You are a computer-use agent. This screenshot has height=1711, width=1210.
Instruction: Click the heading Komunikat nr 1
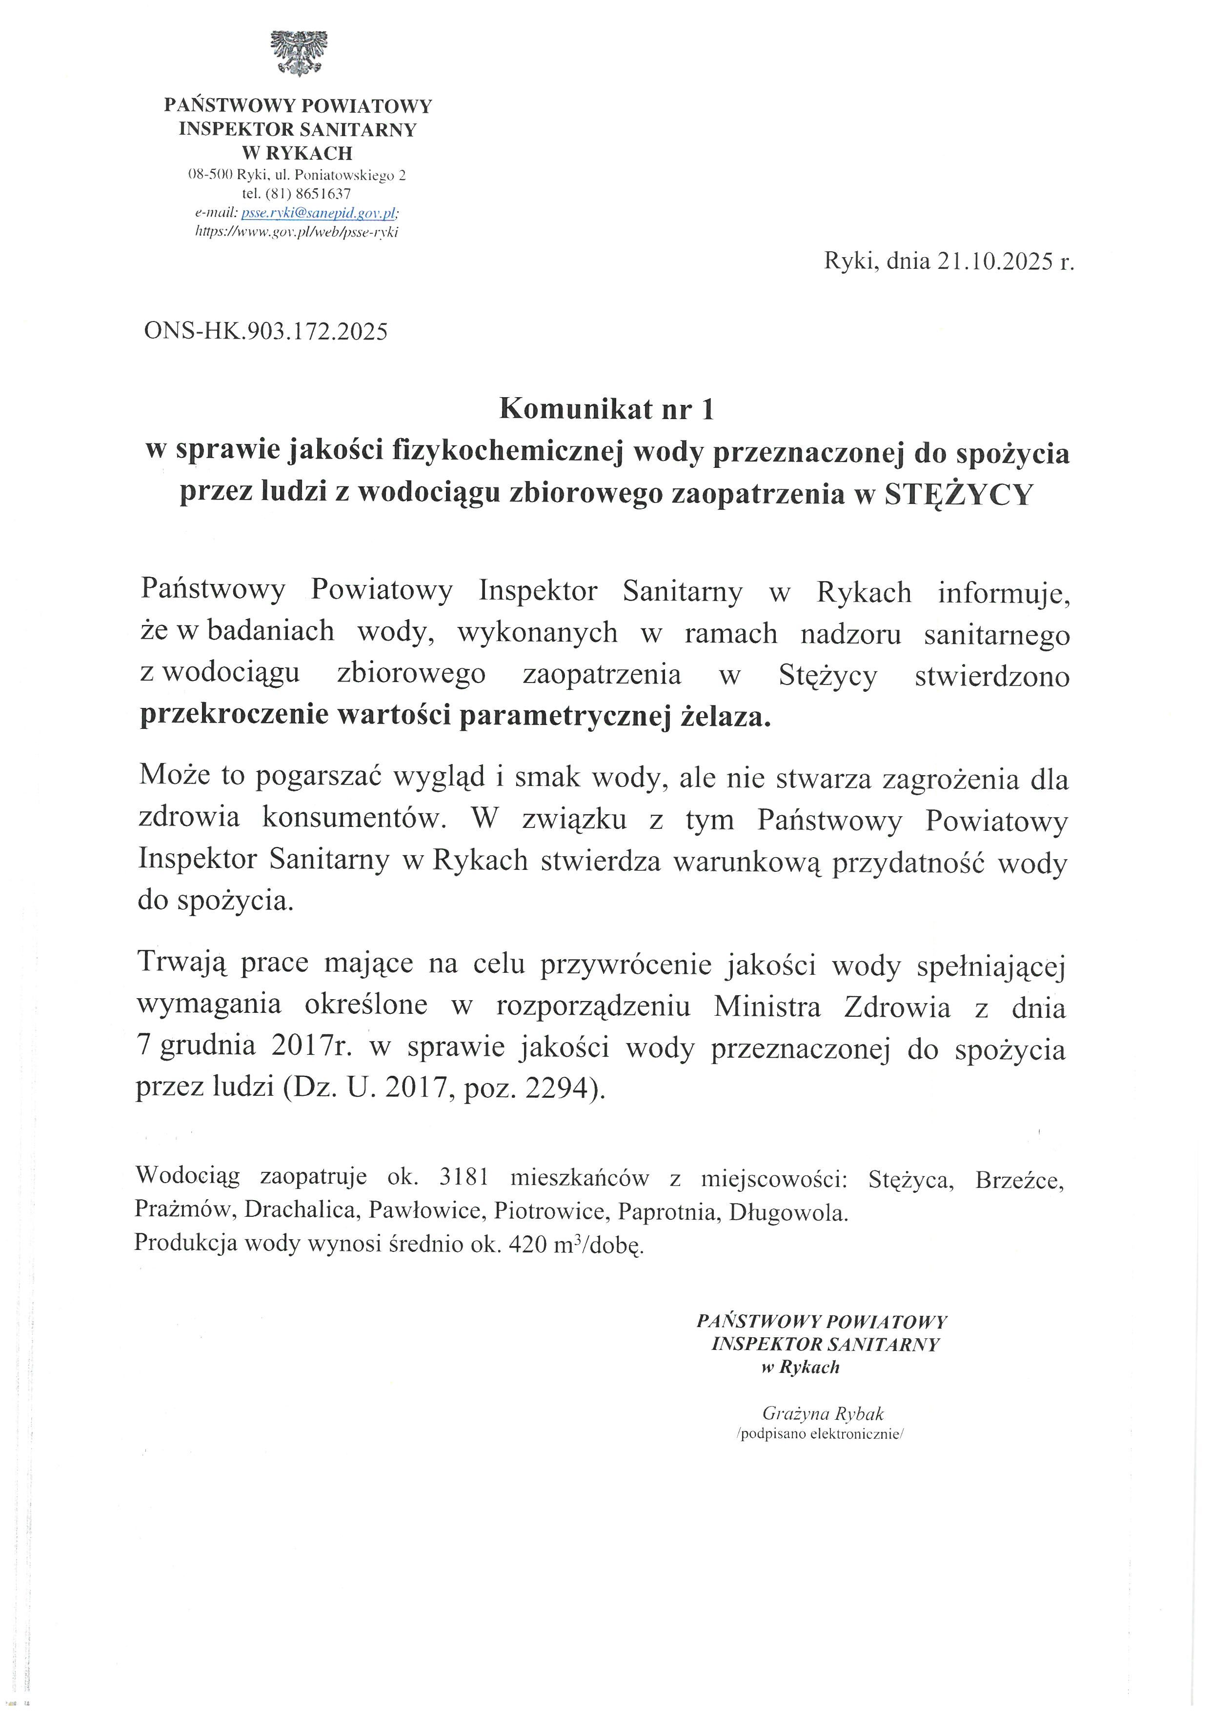pos(606,409)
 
